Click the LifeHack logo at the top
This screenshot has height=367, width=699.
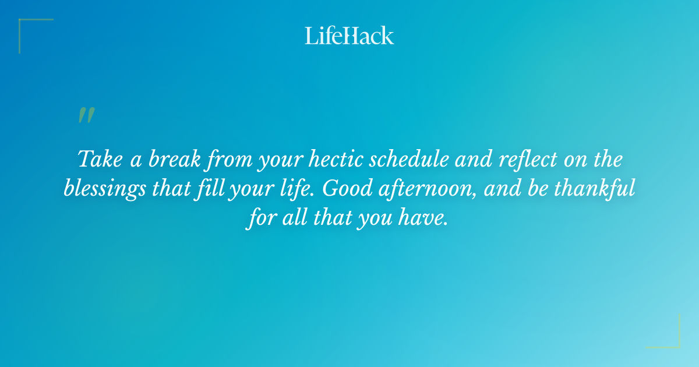[x=349, y=36]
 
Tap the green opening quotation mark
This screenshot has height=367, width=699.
[x=86, y=115]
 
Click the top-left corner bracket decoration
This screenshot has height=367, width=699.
[x=29, y=29]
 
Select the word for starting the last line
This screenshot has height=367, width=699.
[x=260, y=220]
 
